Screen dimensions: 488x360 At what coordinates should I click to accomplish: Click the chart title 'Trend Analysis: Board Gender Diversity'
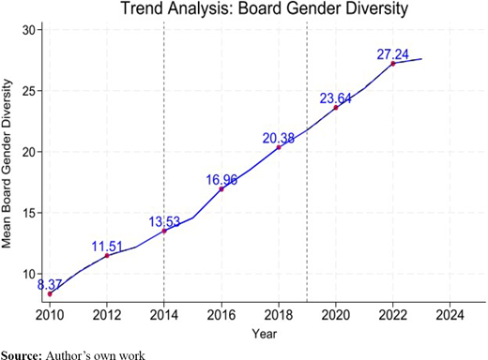click(265, 8)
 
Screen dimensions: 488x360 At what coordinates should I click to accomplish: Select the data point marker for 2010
click(50, 293)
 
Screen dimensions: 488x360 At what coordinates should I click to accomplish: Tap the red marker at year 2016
click(221, 189)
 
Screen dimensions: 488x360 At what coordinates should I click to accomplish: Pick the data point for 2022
click(393, 64)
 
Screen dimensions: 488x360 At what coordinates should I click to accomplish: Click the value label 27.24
click(392, 54)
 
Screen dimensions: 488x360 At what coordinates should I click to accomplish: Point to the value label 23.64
click(335, 98)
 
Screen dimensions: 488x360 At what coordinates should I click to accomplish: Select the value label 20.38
click(278, 138)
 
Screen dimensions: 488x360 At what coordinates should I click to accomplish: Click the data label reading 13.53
click(164, 221)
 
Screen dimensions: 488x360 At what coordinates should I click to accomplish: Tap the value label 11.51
click(107, 247)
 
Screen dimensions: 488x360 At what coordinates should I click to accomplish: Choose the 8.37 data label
click(50, 285)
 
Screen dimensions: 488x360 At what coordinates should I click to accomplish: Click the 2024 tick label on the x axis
click(450, 315)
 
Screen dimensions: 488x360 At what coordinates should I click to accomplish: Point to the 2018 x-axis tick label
click(279, 315)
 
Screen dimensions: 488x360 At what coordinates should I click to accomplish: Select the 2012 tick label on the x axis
click(107, 315)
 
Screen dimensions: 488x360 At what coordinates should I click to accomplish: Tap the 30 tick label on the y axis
click(29, 30)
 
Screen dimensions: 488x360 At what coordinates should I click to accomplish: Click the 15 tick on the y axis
click(29, 213)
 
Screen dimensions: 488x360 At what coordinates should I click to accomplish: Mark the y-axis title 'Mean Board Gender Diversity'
click(7, 164)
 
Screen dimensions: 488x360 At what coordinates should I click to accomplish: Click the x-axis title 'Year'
click(265, 334)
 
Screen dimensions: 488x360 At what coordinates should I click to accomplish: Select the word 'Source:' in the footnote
click(22, 356)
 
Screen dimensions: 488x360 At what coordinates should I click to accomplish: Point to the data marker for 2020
click(336, 108)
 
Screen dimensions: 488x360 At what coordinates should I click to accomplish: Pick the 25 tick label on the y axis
click(29, 91)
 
